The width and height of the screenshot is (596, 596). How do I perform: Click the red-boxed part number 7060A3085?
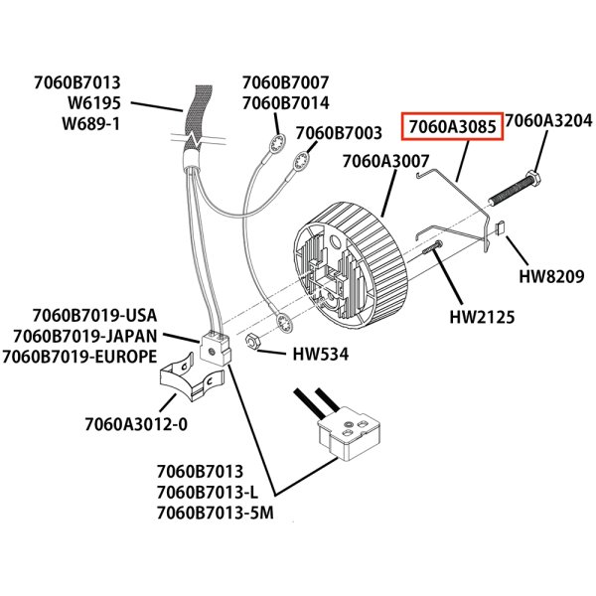point(452,128)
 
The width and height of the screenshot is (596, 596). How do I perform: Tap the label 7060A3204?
point(549,122)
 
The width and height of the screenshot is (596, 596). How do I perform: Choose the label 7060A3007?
point(385,161)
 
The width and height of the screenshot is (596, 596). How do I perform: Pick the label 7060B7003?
point(339,132)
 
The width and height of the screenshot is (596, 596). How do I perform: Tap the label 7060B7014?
point(286,102)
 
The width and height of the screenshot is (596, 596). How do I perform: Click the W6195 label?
point(95,103)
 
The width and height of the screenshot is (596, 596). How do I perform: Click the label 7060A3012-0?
point(136,425)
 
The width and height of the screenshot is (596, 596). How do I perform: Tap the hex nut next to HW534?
point(253,341)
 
